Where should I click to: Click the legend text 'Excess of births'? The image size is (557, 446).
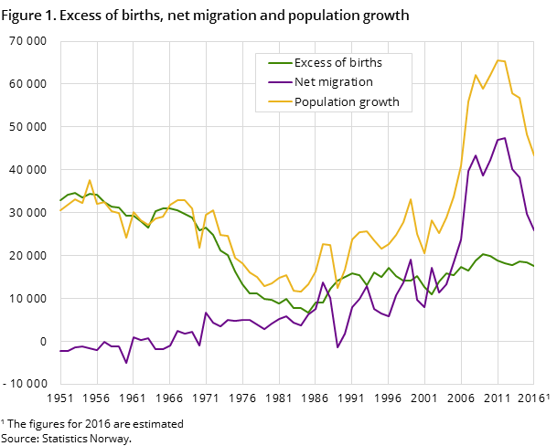[x=337, y=63]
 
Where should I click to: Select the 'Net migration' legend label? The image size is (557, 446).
[x=333, y=82]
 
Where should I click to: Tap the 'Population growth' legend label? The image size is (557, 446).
[x=347, y=102]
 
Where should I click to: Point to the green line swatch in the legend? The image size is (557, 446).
[x=278, y=63]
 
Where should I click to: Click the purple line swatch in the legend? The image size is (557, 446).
[x=278, y=82]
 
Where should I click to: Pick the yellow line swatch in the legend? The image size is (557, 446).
[x=278, y=102]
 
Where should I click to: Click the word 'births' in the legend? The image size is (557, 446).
[x=364, y=63]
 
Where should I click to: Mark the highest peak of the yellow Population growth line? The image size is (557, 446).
[x=498, y=60]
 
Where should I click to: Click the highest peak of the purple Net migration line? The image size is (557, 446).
[x=504, y=138]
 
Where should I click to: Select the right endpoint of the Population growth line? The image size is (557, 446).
[x=533, y=155]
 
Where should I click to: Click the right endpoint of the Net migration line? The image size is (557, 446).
[x=533, y=230]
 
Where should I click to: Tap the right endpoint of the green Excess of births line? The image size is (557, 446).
[x=533, y=266]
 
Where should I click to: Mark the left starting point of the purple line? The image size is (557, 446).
[x=60, y=351]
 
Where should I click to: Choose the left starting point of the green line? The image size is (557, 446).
[x=60, y=200]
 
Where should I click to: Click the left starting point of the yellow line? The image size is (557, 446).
[x=60, y=210]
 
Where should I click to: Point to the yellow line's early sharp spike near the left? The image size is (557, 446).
[x=90, y=180]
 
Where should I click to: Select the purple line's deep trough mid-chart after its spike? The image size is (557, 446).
[x=337, y=347]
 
